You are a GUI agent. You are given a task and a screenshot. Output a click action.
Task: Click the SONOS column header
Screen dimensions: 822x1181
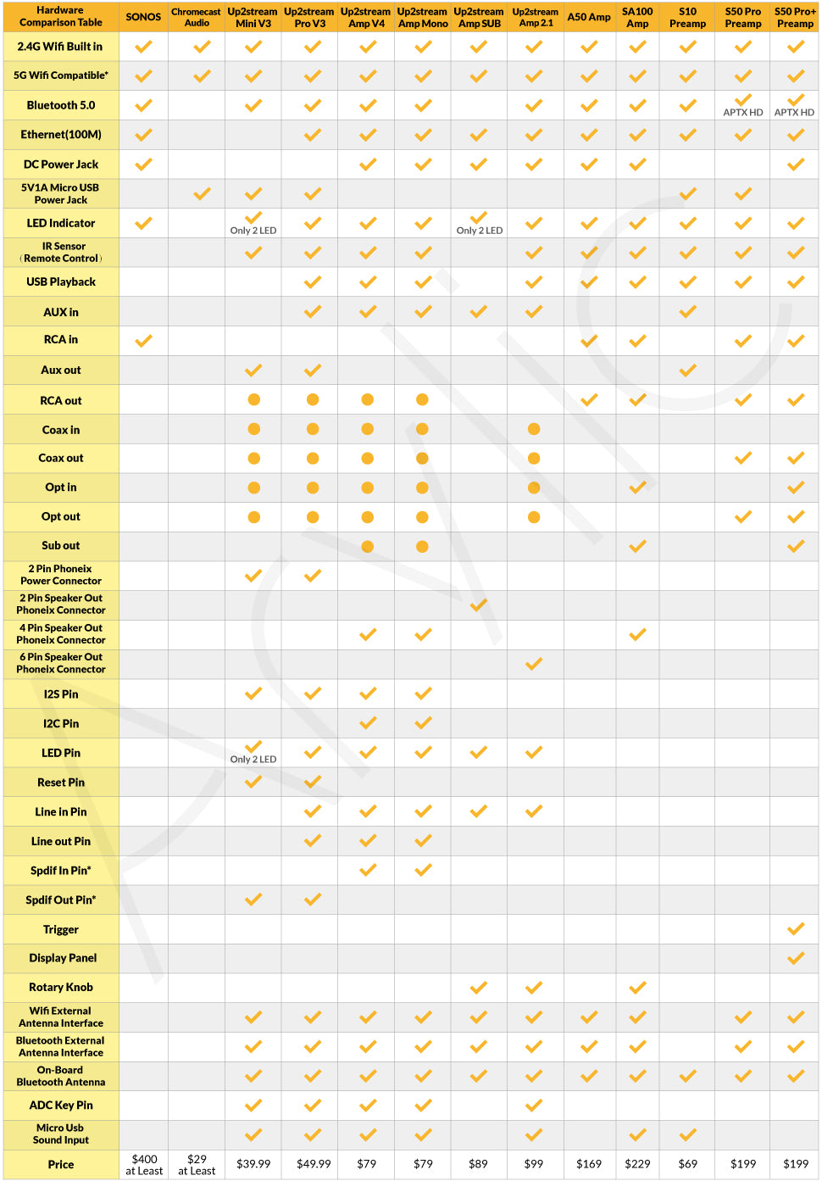click(x=143, y=17)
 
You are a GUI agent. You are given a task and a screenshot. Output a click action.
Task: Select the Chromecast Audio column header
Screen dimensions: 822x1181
click(x=197, y=17)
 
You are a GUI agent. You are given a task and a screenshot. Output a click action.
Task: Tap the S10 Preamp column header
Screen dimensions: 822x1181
click(x=687, y=17)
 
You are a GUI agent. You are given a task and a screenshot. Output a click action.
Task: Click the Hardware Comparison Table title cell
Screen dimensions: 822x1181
click(x=61, y=16)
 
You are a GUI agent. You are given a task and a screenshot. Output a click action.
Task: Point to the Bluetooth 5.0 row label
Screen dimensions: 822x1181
click(x=61, y=105)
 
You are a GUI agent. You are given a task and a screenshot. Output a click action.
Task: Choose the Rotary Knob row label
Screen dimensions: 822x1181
click(x=61, y=987)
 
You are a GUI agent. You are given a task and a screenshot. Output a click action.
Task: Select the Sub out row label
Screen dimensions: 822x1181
click(x=61, y=545)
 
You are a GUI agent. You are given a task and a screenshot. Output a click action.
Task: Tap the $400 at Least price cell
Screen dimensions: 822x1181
click(x=144, y=1164)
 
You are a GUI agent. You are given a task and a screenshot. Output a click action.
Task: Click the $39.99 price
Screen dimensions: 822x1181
click(x=253, y=1163)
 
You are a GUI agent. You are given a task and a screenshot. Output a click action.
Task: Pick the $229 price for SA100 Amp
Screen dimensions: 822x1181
click(x=637, y=1163)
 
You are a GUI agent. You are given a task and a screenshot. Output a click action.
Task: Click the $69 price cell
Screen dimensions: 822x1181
click(x=687, y=1163)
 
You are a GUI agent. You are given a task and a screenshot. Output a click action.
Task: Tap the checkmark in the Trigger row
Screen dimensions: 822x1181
click(x=795, y=928)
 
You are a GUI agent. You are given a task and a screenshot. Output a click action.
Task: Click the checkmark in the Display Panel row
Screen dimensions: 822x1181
click(x=795, y=958)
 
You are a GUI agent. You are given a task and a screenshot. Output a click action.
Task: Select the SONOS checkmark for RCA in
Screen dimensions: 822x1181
click(x=143, y=341)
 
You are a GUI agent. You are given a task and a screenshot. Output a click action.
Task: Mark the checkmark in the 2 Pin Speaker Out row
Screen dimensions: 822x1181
click(x=479, y=604)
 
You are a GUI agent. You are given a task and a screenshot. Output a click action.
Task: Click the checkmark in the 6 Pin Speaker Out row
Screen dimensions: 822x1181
click(x=534, y=664)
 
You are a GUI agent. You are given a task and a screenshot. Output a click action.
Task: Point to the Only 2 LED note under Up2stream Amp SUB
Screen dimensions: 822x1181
click(x=479, y=231)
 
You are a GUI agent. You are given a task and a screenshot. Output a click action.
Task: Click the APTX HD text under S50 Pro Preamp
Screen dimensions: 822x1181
click(x=742, y=112)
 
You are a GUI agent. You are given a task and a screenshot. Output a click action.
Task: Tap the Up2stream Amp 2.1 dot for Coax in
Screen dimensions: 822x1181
click(x=534, y=429)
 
